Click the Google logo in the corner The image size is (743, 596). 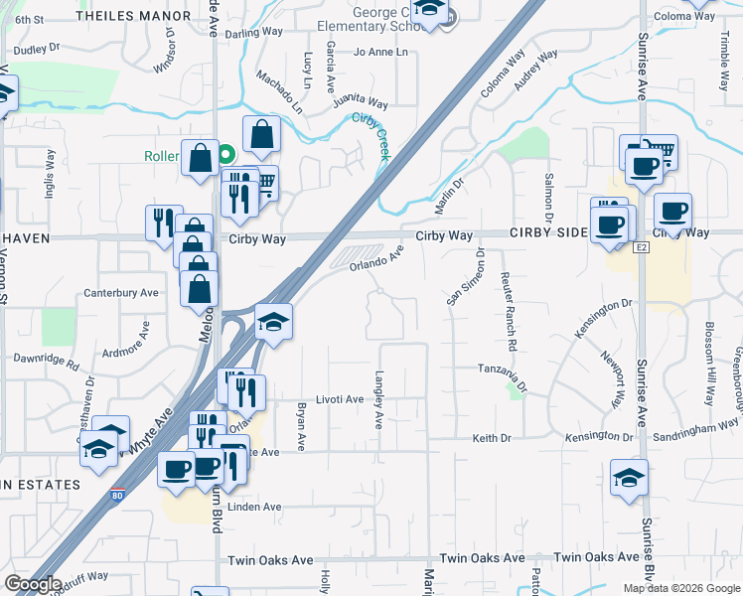pyautogui.click(x=33, y=584)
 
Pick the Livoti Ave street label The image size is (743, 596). pyautogui.click(x=340, y=399)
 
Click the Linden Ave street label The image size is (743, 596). pyautogui.click(x=255, y=507)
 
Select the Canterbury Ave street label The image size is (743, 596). pyautogui.click(x=121, y=293)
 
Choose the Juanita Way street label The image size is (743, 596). pyautogui.click(x=361, y=101)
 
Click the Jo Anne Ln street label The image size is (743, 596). pyautogui.click(x=381, y=52)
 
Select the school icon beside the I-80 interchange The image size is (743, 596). pyautogui.click(x=274, y=321)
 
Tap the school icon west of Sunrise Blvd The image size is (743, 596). pyautogui.click(x=629, y=478)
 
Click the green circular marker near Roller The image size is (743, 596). pyautogui.click(x=226, y=154)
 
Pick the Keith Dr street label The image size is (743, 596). pyautogui.click(x=492, y=438)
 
